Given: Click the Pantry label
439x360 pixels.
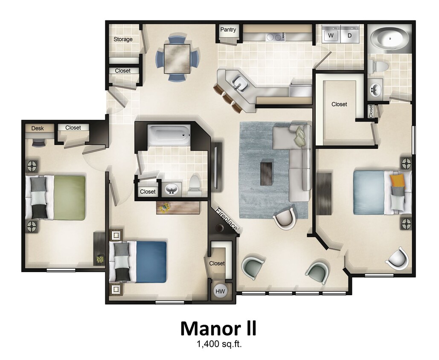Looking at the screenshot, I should click(228, 30).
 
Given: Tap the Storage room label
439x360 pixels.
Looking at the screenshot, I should click(123, 39).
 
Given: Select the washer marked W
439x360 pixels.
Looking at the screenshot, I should click(330, 35).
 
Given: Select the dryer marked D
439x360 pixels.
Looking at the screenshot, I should click(349, 35).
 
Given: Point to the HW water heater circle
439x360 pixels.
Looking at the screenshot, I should click(220, 291).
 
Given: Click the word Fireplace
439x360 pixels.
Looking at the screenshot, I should click(226, 219).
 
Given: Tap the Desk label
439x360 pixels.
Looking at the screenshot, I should click(38, 128).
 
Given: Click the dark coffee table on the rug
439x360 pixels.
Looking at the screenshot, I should click(267, 172).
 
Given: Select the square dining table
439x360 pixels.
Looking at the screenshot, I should click(177, 58).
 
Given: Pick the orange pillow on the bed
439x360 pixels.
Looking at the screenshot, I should click(398, 180).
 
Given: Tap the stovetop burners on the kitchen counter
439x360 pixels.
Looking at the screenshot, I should click(276, 38).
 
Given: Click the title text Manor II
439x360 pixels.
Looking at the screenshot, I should click(218, 329).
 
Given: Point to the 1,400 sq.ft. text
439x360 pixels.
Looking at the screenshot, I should click(218, 344).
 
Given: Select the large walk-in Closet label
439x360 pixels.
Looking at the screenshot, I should click(339, 104).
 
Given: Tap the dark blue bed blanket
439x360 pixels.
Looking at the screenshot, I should click(151, 261).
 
